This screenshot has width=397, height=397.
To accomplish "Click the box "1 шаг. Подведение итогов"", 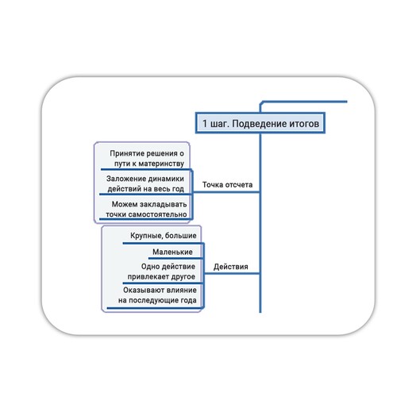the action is coord(260,123).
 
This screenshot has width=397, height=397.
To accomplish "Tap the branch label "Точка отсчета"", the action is coord(227,185).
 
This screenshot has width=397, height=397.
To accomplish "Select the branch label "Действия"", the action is coord(231,267).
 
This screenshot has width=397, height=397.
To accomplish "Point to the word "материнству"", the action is coord(161,164).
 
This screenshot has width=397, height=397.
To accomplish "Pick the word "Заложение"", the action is coord(124,179).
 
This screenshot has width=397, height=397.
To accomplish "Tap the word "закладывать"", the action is coord(164,204).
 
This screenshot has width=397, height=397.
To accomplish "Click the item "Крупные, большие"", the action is coord(164,236).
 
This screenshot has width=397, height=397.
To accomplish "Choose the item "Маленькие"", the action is coord(172,252).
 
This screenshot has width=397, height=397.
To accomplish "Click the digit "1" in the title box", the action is coord(205,123).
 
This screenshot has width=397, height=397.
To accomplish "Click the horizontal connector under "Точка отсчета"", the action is coord(226,192).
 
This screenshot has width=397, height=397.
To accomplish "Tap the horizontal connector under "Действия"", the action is coord(232,273).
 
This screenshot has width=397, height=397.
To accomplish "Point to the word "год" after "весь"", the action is coord(178,189).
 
